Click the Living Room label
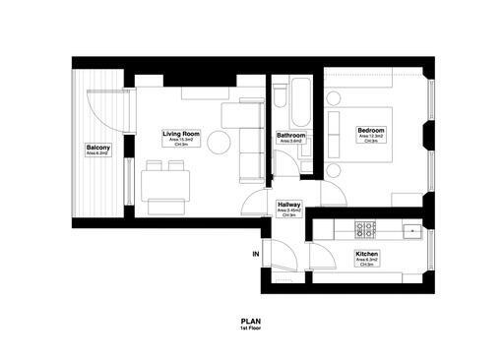point(181,133)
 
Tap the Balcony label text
point(98,148)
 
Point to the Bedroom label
point(370,131)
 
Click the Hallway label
point(289,205)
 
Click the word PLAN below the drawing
point(251,320)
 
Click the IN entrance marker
point(256,256)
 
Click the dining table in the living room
point(164,184)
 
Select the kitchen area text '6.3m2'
point(368,261)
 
